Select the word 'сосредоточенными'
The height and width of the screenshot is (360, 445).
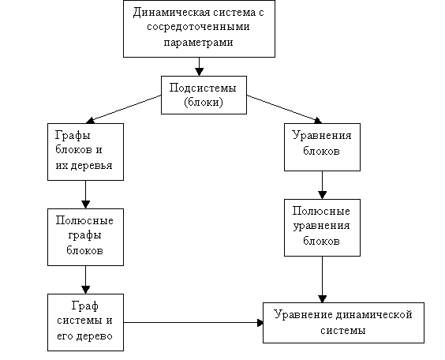point(198,27)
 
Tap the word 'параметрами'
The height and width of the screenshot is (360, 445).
point(198,43)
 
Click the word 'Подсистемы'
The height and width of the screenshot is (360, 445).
point(203,88)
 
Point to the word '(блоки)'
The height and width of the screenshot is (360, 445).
point(204,102)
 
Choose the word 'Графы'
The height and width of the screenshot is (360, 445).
point(73,136)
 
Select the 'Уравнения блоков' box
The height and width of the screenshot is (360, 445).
point(322,147)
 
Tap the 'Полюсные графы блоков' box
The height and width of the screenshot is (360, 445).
point(85,237)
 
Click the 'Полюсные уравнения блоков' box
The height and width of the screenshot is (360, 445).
point(322,227)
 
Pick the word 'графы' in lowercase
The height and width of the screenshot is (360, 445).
point(84,235)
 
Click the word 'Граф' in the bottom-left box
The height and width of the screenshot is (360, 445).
point(85,306)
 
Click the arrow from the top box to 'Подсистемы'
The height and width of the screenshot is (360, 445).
point(200,66)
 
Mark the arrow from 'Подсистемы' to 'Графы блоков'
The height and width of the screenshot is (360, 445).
point(123,109)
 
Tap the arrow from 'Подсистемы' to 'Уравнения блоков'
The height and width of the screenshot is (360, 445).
point(284,109)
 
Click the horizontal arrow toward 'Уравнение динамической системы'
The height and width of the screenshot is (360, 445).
point(193,323)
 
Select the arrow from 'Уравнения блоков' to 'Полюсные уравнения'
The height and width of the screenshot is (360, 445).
point(322,185)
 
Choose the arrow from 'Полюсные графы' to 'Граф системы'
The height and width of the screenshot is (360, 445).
point(85,280)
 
